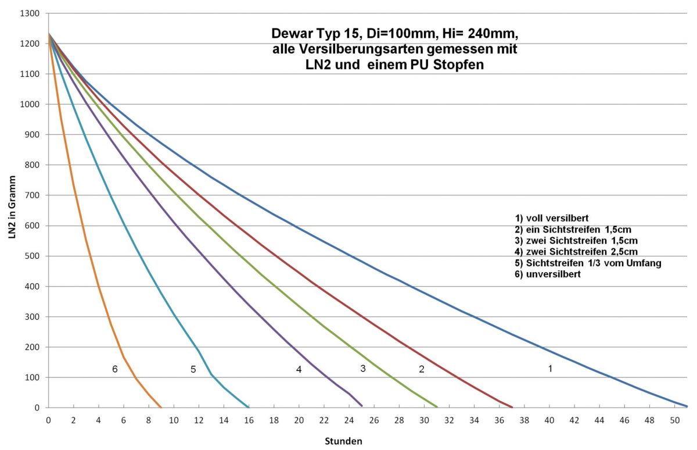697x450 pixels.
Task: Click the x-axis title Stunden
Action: tap(343, 441)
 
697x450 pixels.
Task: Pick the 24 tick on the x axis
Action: tap(349, 420)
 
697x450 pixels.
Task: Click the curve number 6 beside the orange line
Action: tap(115, 369)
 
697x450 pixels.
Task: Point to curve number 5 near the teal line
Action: tap(193, 369)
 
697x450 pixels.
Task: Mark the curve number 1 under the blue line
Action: tap(550, 369)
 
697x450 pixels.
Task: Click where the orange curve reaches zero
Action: tap(161, 407)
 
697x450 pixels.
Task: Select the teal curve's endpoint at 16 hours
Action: tap(249, 407)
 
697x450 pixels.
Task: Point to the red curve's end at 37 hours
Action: tap(512, 407)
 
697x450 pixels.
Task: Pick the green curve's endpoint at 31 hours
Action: tap(437, 406)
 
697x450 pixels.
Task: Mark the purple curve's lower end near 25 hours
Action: tap(362, 405)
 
